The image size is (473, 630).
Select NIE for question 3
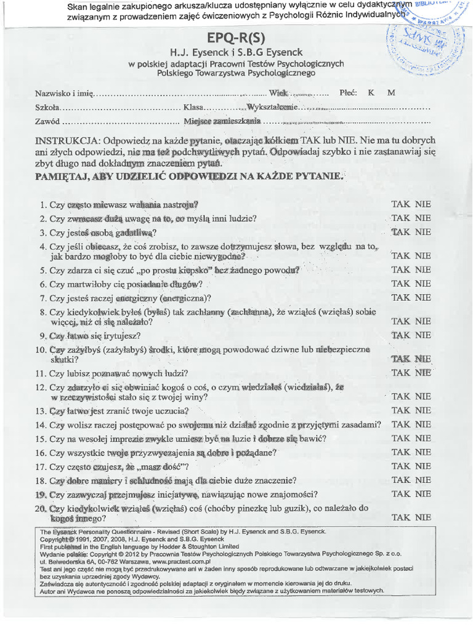click(422, 233)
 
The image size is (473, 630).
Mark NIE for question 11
click(422, 373)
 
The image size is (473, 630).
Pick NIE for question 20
click(422, 518)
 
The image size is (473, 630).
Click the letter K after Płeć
click(371, 93)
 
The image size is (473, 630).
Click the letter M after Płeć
click(391, 93)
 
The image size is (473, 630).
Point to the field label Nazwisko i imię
click(63, 94)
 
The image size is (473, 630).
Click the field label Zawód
click(47, 121)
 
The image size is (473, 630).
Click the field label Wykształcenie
click(272, 108)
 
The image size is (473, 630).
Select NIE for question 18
click(422, 480)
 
